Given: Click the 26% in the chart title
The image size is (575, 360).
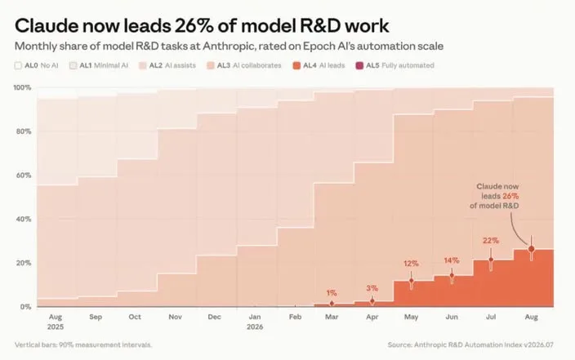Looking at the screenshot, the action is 194,25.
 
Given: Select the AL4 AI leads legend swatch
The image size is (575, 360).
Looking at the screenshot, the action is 296,65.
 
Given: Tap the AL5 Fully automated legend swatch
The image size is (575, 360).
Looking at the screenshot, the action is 359,65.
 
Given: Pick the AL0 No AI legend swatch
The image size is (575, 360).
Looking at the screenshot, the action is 18,65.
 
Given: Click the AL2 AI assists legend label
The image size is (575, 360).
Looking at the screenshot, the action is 172,65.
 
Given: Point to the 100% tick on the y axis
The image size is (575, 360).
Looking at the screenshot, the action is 22,87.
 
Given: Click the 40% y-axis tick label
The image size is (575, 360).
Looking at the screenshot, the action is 24,220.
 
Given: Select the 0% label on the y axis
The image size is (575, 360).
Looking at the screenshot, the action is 25,307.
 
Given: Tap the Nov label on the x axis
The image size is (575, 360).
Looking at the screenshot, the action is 175,317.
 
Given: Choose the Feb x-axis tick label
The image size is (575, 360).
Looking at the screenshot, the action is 295,317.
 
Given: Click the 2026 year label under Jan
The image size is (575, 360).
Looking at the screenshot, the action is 255,327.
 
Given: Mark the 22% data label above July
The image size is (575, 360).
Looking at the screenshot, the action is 491,241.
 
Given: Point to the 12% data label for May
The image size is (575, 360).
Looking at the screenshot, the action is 411,263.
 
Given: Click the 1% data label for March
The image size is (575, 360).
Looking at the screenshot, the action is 332,293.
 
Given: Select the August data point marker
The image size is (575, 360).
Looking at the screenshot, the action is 531,249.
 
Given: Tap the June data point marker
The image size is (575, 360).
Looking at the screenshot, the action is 452,275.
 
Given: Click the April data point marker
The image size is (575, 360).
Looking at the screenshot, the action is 372,301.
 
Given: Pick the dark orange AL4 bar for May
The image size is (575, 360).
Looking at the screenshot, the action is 413,294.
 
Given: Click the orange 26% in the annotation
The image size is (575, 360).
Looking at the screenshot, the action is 510,196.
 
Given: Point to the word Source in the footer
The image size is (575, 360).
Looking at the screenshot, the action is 399,345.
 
